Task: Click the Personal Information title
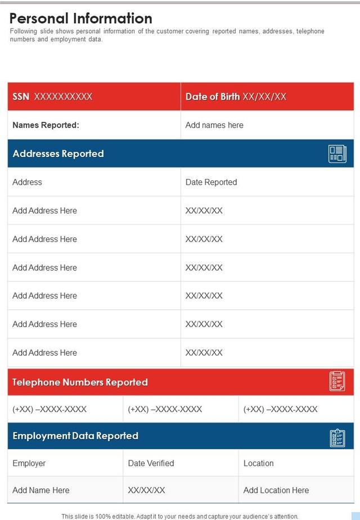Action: click(81, 19)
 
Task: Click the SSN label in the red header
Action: click(21, 97)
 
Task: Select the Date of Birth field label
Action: click(213, 97)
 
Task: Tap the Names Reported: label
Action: click(46, 125)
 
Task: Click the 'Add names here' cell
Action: click(214, 125)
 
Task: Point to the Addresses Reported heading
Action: click(58, 154)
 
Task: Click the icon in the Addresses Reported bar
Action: click(337, 154)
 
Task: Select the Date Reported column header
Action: click(211, 182)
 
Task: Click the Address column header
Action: click(27, 182)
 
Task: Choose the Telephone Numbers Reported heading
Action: click(80, 382)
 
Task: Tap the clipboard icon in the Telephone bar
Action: click(337, 382)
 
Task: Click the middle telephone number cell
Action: click(165, 409)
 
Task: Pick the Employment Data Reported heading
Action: click(75, 436)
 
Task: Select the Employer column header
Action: click(29, 463)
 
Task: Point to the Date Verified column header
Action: click(151, 463)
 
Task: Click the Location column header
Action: click(258, 463)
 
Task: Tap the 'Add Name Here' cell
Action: click(40, 490)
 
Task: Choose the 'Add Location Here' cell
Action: click(276, 490)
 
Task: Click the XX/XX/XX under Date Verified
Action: click(146, 490)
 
